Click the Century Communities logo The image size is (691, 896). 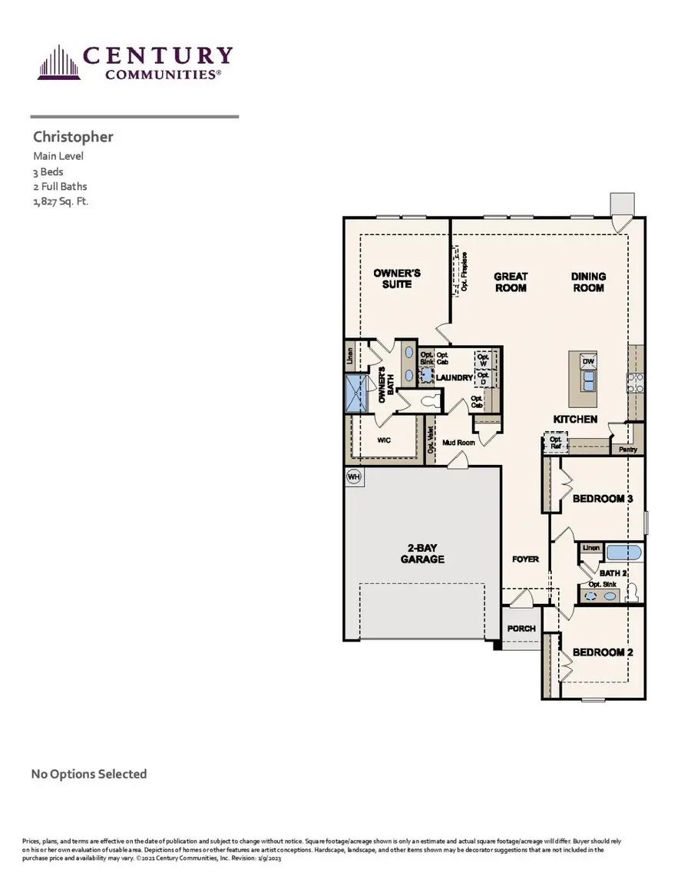click(134, 62)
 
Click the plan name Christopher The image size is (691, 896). click(73, 137)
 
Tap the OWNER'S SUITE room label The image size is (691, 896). click(397, 278)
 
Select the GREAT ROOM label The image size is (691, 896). click(511, 282)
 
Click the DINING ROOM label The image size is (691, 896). click(588, 282)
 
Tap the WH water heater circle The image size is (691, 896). click(354, 476)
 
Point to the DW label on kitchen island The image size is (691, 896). click(588, 361)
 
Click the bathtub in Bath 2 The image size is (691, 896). click(625, 552)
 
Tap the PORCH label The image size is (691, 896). click(521, 629)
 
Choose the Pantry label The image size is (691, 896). click(628, 450)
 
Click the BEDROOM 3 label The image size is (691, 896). click(603, 499)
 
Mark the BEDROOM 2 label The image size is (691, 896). click(603, 652)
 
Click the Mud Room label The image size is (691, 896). click(459, 443)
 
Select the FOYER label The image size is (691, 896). click(525, 559)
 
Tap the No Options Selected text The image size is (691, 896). click(88, 774)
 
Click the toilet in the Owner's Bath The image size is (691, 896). click(431, 399)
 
